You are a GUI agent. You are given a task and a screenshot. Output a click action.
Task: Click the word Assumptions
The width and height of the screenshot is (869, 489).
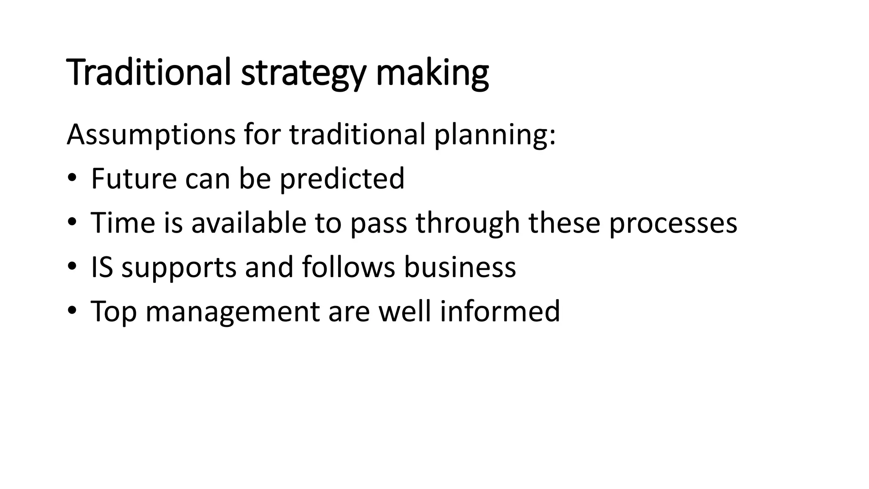[x=151, y=135]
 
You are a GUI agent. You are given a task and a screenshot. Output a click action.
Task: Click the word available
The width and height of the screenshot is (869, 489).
[x=249, y=222]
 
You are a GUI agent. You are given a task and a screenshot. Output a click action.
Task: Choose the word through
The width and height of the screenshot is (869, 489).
[x=468, y=223]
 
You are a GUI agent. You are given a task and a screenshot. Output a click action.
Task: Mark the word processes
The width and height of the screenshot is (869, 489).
[x=673, y=223]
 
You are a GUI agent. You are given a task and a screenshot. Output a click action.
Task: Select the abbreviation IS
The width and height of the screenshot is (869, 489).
[x=102, y=267]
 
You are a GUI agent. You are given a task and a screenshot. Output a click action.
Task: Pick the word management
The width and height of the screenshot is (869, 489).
[x=233, y=312]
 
